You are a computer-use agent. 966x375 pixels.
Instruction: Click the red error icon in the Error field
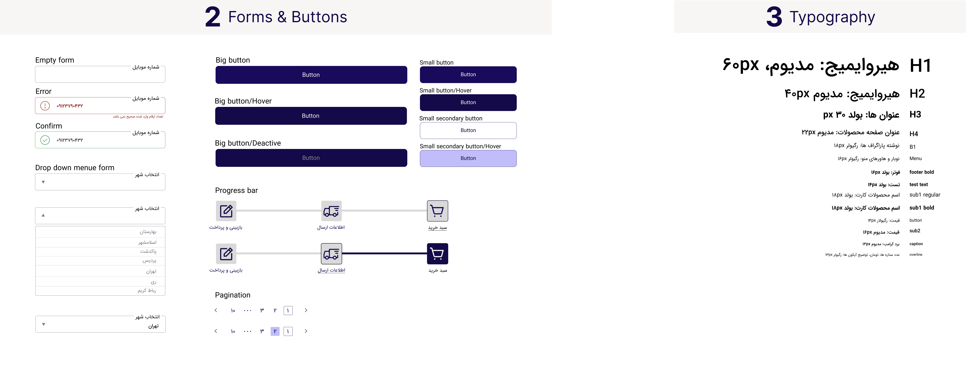pyautogui.click(x=45, y=106)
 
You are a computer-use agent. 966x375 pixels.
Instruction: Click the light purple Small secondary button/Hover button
pyautogui.click(x=468, y=158)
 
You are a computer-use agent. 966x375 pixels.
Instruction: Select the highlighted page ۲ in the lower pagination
pyautogui.click(x=275, y=331)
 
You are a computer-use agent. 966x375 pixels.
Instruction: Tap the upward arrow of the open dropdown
pyautogui.click(x=43, y=215)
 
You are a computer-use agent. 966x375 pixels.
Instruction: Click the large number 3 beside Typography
pyautogui.click(x=774, y=17)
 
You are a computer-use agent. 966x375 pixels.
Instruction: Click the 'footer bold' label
pyautogui.click(x=921, y=172)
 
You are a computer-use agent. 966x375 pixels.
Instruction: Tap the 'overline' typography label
pyautogui.click(x=916, y=255)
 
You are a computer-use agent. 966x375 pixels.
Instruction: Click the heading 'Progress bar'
pyautogui.click(x=236, y=190)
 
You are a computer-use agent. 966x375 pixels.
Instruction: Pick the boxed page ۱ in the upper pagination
pyautogui.click(x=288, y=311)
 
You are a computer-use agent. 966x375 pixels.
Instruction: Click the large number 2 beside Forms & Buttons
pyautogui.click(x=213, y=17)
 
